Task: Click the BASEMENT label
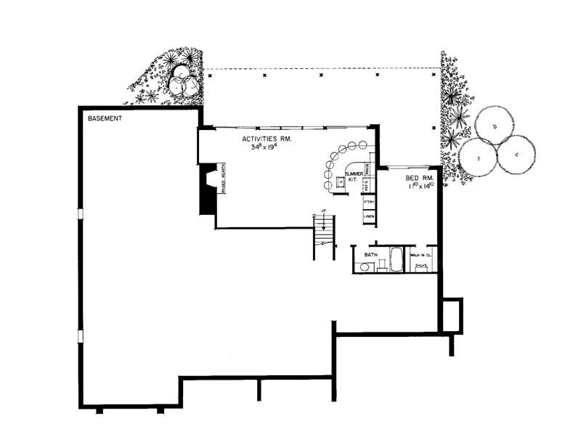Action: [105, 118]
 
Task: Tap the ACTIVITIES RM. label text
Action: [267, 137]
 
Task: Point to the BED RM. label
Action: [419, 177]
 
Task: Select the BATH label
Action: [371, 256]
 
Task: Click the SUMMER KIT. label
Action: [354, 177]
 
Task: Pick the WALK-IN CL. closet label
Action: [421, 256]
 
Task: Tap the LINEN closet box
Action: [368, 216]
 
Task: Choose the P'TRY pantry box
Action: [368, 202]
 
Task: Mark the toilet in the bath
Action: [362, 267]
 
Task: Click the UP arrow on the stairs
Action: [323, 221]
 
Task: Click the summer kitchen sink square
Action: [338, 181]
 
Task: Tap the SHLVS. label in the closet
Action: [420, 267]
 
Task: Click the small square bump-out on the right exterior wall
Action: [452, 314]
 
